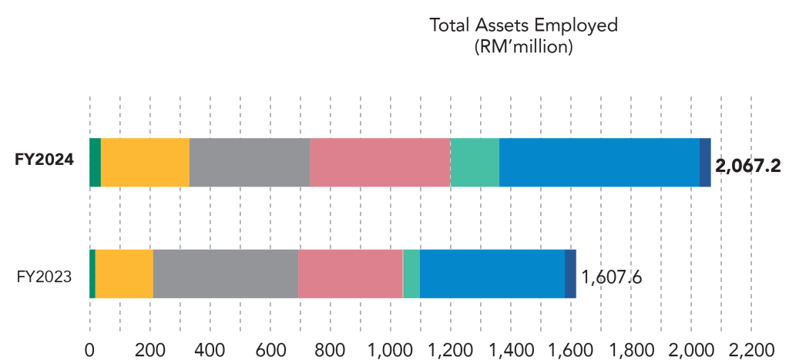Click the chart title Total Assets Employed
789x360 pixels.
[523, 25]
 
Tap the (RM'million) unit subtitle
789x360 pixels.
[523, 46]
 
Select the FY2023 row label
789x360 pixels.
[45, 274]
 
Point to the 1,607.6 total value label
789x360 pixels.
[612, 276]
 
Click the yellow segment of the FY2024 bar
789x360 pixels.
[145, 163]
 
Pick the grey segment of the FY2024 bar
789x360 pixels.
[250, 163]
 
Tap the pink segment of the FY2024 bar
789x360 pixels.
[380, 163]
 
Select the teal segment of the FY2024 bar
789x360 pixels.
[475, 163]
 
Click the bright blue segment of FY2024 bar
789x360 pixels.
[599, 163]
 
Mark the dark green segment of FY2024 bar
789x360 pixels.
[95, 163]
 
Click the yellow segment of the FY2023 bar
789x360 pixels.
[124, 274]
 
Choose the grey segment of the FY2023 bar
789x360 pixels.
[226, 274]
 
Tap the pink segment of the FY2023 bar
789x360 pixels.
[351, 274]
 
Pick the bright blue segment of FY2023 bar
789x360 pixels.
[492, 274]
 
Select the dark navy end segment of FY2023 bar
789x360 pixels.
[571, 274]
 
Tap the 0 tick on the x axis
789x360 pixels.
[89, 348]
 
